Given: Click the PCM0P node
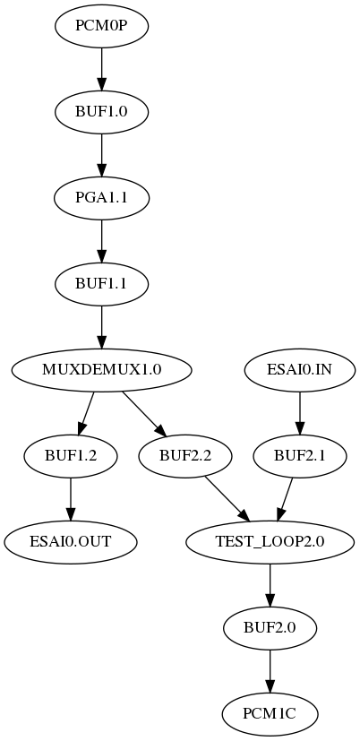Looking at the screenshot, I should click(x=101, y=26).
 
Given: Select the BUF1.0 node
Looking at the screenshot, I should click(x=101, y=112).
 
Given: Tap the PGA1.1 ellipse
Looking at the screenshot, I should click(x=101, y=198).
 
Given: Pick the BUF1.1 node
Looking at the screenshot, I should click(x=101, y=284).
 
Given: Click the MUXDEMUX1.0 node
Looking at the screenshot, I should click(x=101, y=369).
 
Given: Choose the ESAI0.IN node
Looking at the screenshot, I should click(x=299, y=369).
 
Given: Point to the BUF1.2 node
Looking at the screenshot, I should click(x=71, y=455).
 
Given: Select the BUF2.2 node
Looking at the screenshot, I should click(x=185, y=455).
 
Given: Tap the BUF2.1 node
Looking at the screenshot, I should click(x=299, y=455).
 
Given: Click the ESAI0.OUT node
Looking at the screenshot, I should click(x=71, y=541).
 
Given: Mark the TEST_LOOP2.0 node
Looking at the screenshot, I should click(x=270, y=541).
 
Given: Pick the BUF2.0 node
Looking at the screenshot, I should click(x=270, y=627).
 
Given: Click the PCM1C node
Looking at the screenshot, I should click(x=270, y=713).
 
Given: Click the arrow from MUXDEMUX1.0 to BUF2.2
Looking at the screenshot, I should click(x=143, y=413).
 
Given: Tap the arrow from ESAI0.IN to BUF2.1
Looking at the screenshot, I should click(x=299, y=412).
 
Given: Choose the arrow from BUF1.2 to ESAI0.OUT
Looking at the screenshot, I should click(x=71, y=498).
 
